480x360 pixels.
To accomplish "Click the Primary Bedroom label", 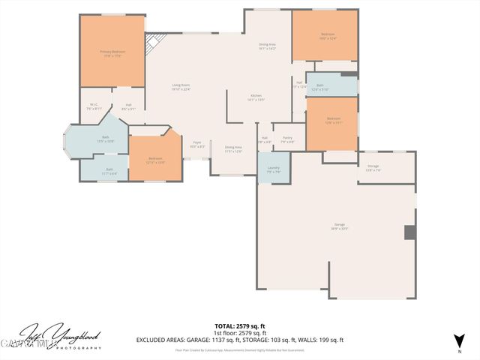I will pyautogui.click(x=112, y=52).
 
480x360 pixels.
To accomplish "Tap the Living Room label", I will pyautogui.click(x=181, y=86).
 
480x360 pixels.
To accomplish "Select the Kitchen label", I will pyautogui.click(x=256, y=97).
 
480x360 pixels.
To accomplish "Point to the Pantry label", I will pyautogui.click(x=287, y=139).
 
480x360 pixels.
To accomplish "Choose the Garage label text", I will pyautogui.click(x=340, y=226).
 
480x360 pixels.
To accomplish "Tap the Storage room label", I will pyautogui.click(x=373, y=167).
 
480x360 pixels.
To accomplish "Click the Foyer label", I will pyautogui.click(x=196, y=144).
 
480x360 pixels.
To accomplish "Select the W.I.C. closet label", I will pyautogui.click(x=94, y=106).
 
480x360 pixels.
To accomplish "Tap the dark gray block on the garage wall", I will pyautogui.click(x=409, y=232).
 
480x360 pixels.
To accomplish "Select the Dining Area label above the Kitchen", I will pyautogui.click(x=268, y=46).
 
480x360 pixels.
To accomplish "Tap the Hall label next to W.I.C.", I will pyautogui.click(x=129, y=106).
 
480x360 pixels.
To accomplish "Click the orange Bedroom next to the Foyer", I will pyautogui.click(x=155, y=160).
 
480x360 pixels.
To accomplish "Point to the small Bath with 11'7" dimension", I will pyautogui.click(x=109, y=171).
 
